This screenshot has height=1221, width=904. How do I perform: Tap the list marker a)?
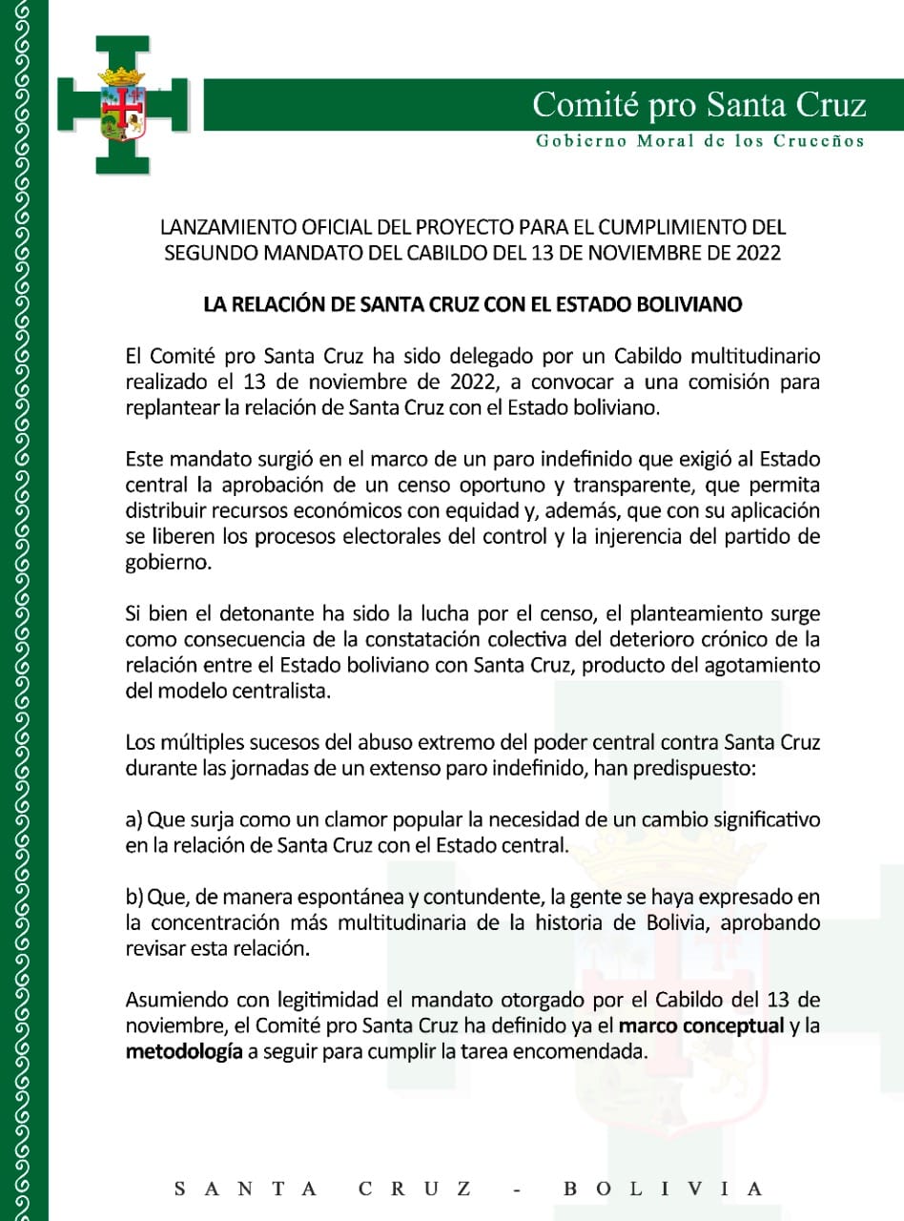tap(134, 820)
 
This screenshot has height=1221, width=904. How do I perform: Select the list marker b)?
tap(134, 898)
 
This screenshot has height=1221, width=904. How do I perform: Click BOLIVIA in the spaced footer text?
tap(664, 1189)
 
